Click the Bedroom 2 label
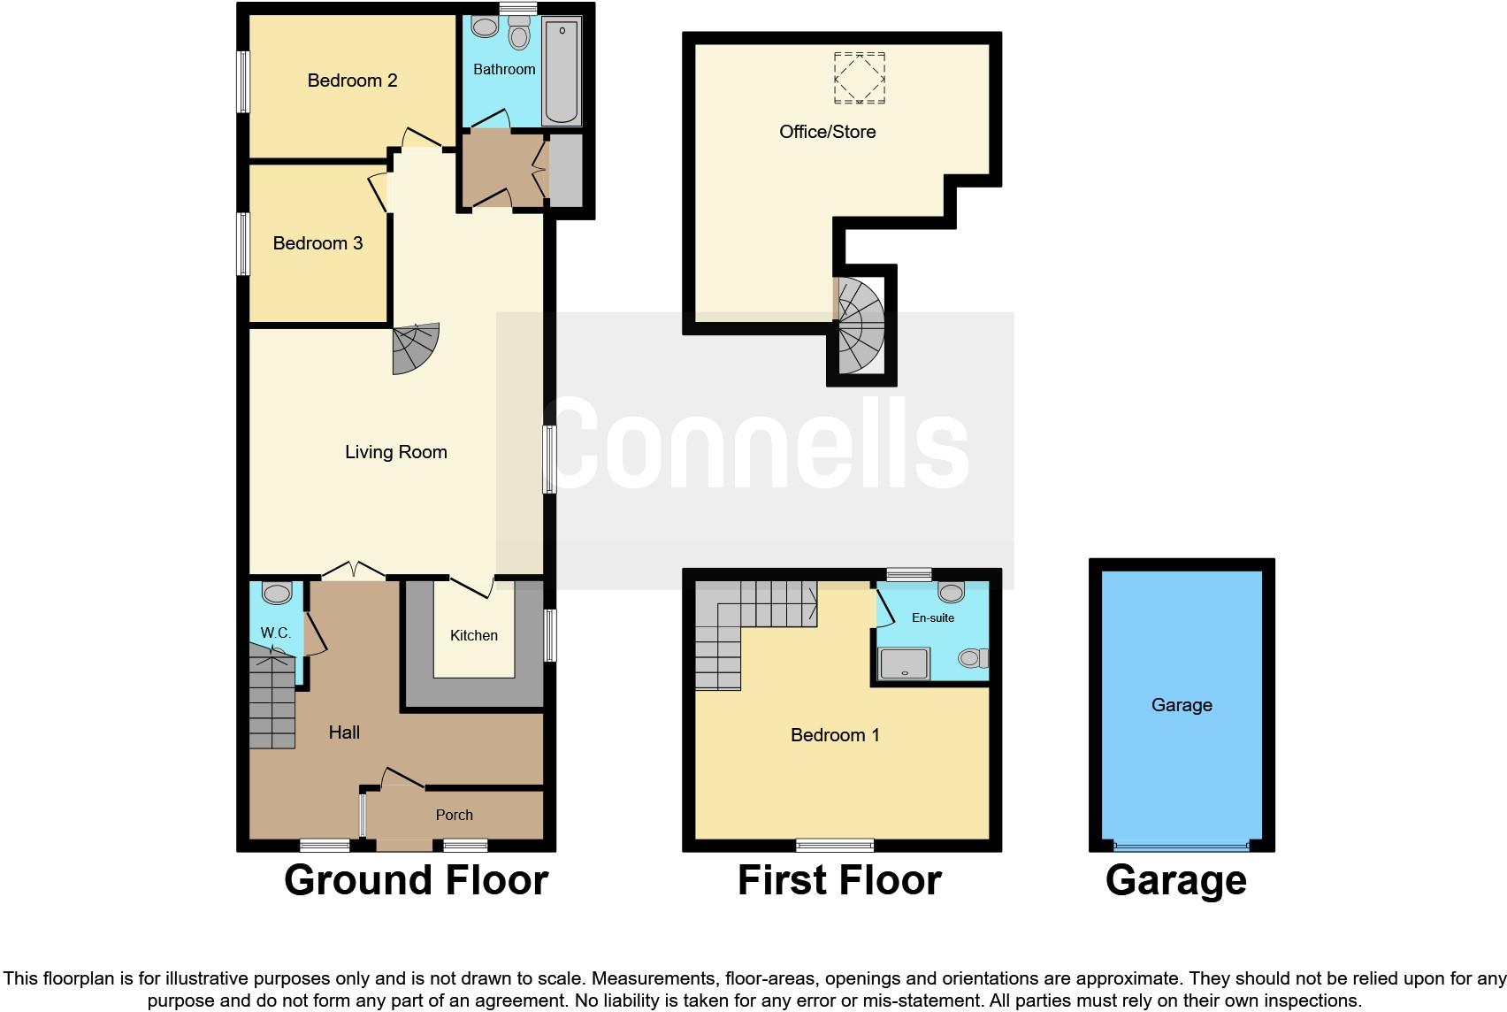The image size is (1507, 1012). click(x=352, y=80)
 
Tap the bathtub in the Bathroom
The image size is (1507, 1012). click(x=562, y=73)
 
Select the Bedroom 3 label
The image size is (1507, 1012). click(x=317, y=243)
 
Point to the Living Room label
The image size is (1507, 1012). click(x=395, y=452)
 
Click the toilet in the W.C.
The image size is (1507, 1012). click(x=277, y=592)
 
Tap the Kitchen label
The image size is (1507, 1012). click(x=474, y=635)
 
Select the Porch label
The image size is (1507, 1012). click(x=455, y=815)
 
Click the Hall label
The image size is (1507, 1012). click(x=344, y=732)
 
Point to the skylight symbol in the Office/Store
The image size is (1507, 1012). click(x=859, y=78)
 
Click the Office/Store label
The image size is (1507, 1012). click(x=827, y=132)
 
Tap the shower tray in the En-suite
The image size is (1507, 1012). click(x=904, y=663)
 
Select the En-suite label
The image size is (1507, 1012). click(x=933, y=617)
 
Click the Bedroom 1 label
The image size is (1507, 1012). click(x=835, y=735)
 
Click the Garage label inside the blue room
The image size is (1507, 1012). click(x=1182, y=705)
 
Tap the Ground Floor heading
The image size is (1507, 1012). click(x=416, y=880)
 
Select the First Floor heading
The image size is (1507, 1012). click(x=838, y=880)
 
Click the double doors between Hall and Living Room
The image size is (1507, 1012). click(x=353, y=571)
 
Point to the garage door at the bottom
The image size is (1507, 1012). click(x=1182, y=845)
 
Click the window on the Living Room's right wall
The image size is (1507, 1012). click(x=549, y=458)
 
